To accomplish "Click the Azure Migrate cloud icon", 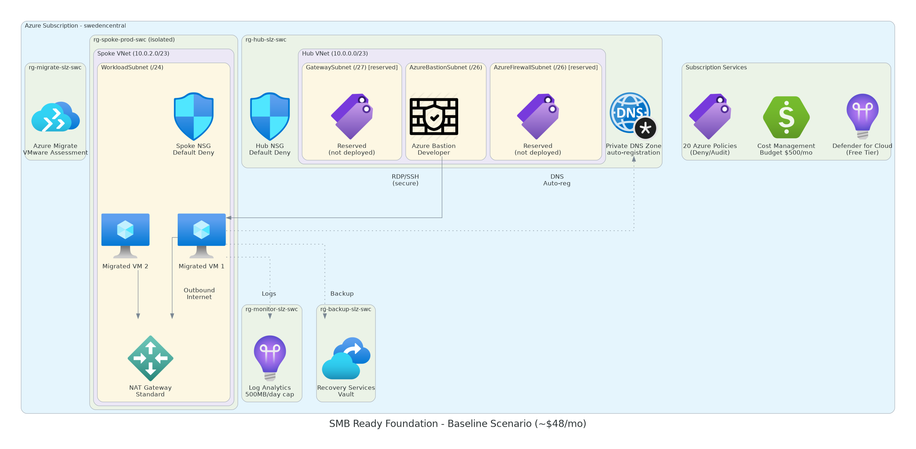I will pyautogui.click(x=55, y=117).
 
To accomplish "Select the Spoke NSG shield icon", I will pyautogui.click(x=193, y=116).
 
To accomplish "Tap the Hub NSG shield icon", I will pyautogui.click(x=270, y=116).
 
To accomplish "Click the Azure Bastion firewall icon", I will pyautogui.click(x=434, y=117).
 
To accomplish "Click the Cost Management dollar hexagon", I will pyautogui.click(x=786, y=117).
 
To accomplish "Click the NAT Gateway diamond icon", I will pyautogui.click(x=150, y=358).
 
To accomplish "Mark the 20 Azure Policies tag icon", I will pyautogui.click(x=710, y=116).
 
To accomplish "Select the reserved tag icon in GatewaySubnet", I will pyautogui.click(x=352, y=116).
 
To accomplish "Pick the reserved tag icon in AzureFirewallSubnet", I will pyautogui.click(x=538, y=116).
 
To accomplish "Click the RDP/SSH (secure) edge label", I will pyautogui.click(x=405, y=180).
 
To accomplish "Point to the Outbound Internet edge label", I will pyautogui.click(x=199, y=294).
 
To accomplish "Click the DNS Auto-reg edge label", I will pyautogui.click(x=557, y=180).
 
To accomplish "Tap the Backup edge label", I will pyautogui.click(x=342, y=294).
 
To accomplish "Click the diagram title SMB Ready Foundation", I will pyautogui.click(x=457, y=424).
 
